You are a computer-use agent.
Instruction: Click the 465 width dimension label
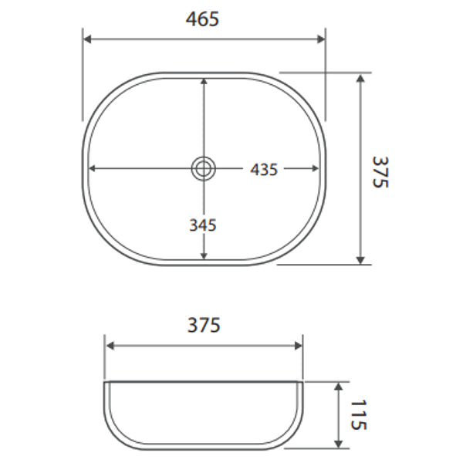[x=203, y=19]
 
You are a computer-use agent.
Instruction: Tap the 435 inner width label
[x=263, y=169]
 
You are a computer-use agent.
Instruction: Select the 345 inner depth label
[x=203, y=225]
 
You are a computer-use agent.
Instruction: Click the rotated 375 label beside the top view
[x=380, y=171]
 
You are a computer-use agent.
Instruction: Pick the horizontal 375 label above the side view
[x=204, y=325]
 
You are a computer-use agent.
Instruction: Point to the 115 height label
[x=358, y=415]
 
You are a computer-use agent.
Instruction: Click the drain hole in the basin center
[x=203, y=168]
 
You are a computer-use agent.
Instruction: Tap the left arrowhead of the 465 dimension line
[x=87, y=39]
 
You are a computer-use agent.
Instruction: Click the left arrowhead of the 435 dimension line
[x=93, y=168]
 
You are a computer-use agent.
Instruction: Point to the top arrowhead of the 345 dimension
[x=203, y=82]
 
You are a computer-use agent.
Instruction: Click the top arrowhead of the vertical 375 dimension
[x=360, y=78]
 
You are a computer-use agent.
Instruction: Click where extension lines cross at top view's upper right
[x=325, y=73]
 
